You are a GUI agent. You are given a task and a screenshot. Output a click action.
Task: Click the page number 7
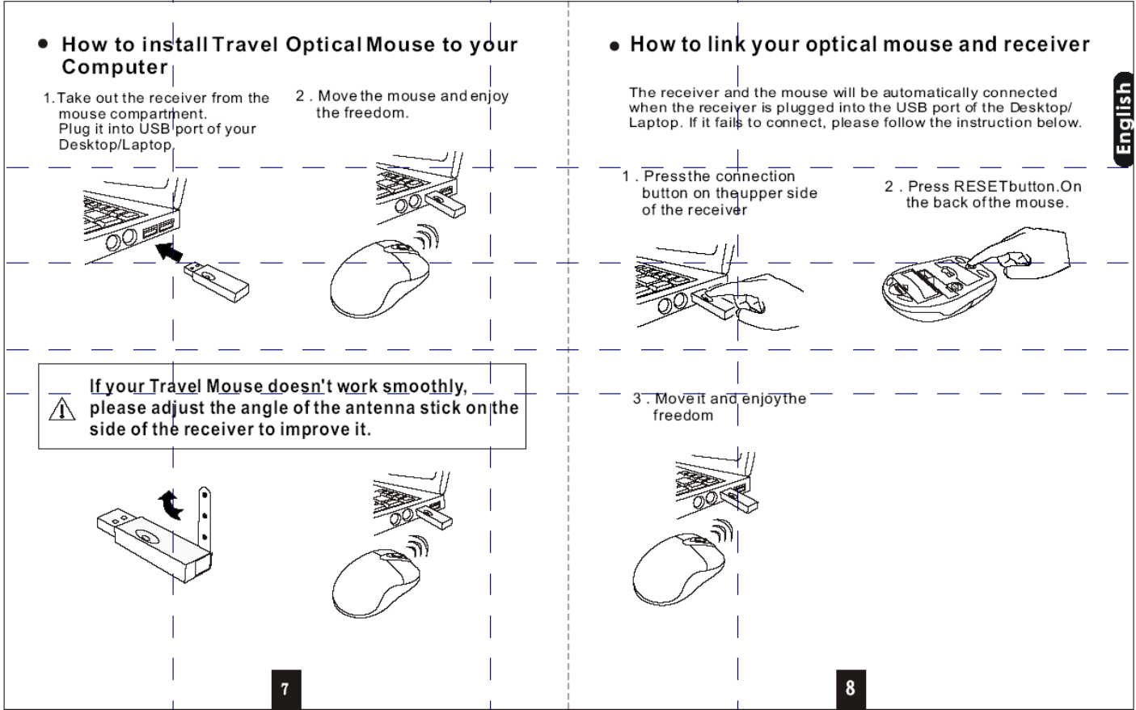pyautogui.click(x=285, y=688)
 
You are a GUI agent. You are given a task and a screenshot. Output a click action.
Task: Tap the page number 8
pyautogui.click(x=850, y=687)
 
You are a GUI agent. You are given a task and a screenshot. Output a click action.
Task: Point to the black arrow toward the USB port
pyautogui.click(x=169, y=251)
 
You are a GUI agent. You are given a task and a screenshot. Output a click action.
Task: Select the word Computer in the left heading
pyautogui.click(x=114, y=66)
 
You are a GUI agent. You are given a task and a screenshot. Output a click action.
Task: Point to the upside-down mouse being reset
pyautogui.click(x=938, y=286)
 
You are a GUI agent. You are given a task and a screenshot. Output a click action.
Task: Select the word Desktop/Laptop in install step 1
pyautogui.click(x=116, y=145)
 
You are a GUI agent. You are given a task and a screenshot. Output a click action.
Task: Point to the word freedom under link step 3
pyautogui.click(x=683, y=416)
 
